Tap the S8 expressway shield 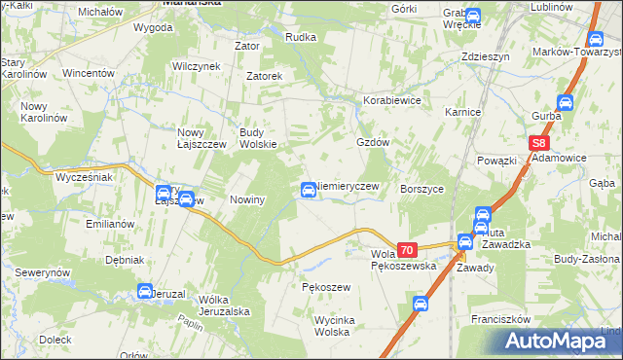540,143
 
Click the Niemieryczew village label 353,186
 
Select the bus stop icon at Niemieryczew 309,188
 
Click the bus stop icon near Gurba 565,102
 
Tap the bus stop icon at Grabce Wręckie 473,16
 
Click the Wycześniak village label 84,178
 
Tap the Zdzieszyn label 486,56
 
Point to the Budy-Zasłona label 586,260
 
